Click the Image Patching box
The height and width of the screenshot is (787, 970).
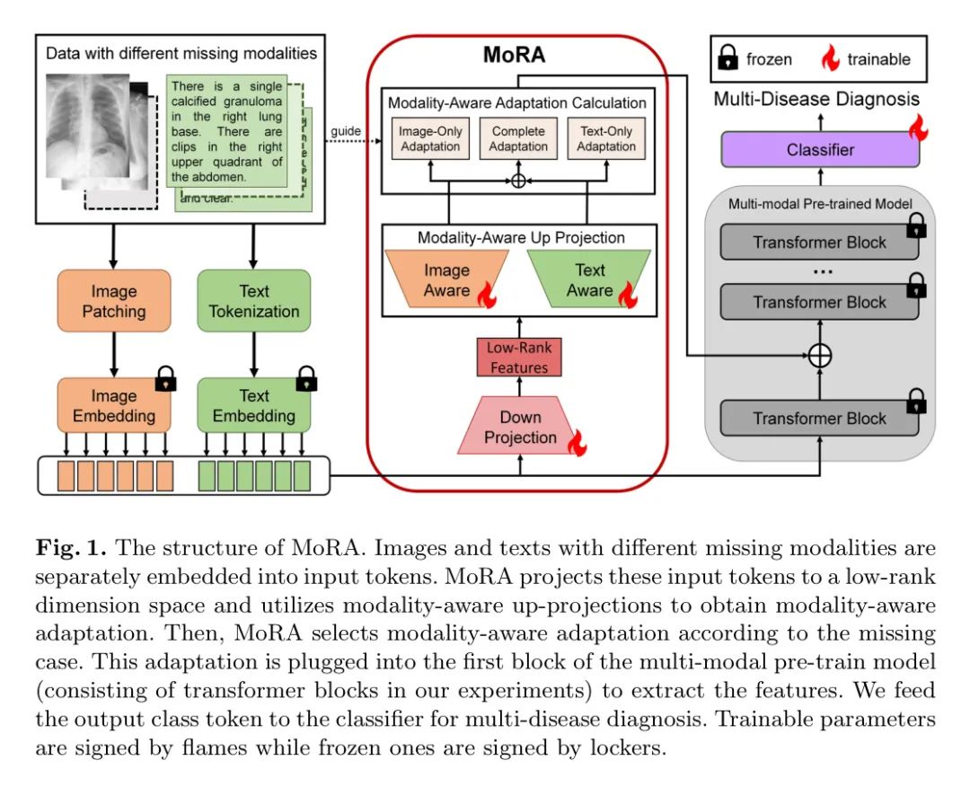coord(113,301)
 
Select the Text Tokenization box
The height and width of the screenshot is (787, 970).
coord(254,301)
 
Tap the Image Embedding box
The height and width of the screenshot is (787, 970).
coord(113,405)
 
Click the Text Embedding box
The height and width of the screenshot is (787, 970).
coord(254,405)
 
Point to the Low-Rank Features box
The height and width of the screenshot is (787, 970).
coord(518,358)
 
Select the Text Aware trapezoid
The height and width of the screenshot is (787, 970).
coord(589,279)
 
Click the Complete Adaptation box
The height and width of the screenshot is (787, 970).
coord(518,139)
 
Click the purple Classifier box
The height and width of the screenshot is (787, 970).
coord(820,150)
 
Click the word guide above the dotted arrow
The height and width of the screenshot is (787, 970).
coord(345,131)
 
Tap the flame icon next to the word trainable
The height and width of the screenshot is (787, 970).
coord(831,59)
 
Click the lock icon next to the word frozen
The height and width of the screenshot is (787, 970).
coord(727,59)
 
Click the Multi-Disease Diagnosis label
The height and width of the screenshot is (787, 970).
coord(816,99)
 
